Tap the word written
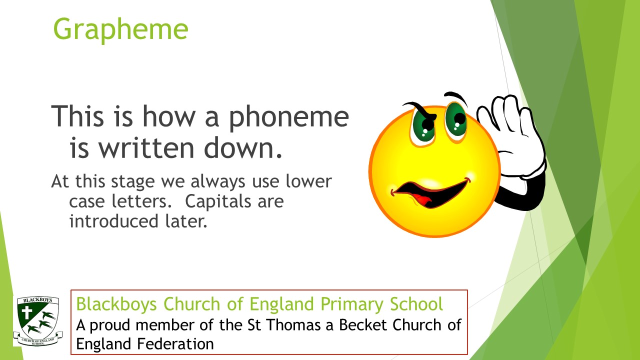coord(146,148)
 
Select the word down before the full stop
coord(239,148)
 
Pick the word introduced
coord(113,221)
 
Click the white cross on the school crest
coord(27,312)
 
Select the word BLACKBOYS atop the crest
coord(37,300)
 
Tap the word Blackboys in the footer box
coord(116,303)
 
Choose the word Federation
coord(175,343)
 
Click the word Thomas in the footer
coord(293,325)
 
